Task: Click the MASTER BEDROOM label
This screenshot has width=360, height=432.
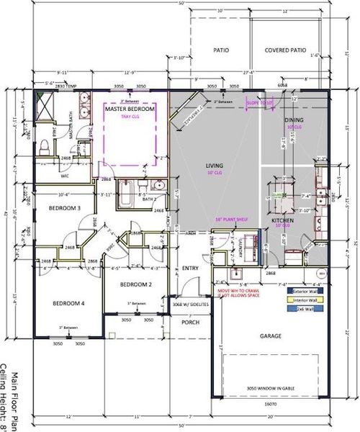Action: coord(130,109)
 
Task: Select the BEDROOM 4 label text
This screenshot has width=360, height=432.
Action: coord(69,304)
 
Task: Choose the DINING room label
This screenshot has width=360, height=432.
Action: coord(294,120)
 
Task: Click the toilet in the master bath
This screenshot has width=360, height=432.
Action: coord(43,148)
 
